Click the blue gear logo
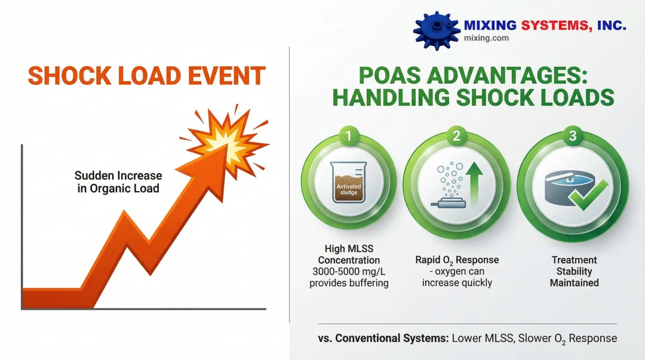pos(437,31)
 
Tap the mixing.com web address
pos(486,38)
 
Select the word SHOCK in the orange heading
pos(70,76)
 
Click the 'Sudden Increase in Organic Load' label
pos(118,182)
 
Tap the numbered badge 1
pos(349,136)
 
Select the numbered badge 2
pos(456,136)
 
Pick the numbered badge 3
pos(573,136)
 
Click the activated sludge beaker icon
pos(348,182)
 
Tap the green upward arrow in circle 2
pos(474,183)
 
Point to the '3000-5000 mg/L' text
pos(349,272)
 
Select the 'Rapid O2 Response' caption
pos(457,260)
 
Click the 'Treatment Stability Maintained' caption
pos(575,272)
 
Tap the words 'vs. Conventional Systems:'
pos(383,338)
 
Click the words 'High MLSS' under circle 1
pos(349,249)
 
